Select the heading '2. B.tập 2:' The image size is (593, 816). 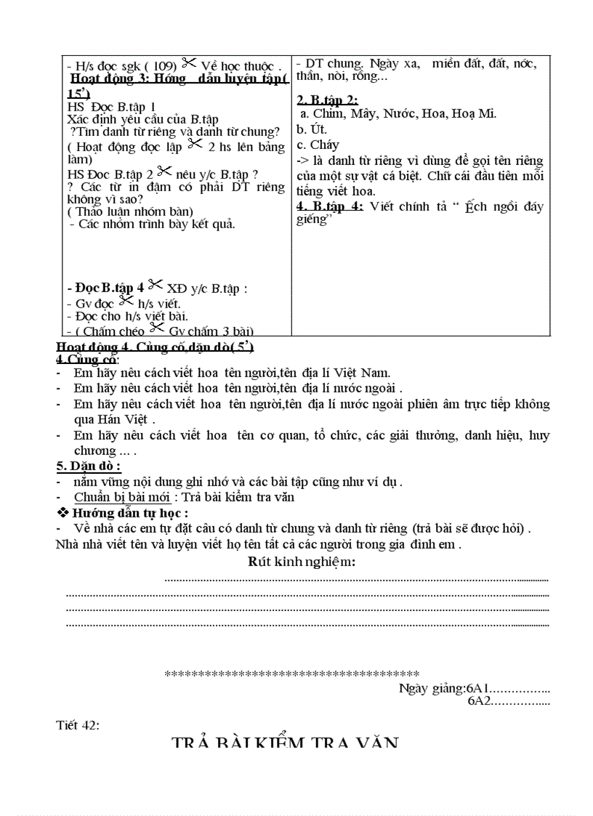click(x=327, y=100)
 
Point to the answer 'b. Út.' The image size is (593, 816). click(x=312, y=129)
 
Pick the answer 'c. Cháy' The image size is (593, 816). click(x=318, y=145)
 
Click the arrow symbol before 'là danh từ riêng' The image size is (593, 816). click(x=302, y=161)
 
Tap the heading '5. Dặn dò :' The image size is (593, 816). click(x=89, y=466)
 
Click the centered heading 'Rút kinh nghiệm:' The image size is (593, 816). click(x=302, y=561)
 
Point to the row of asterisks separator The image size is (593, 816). click(x=291, y=674)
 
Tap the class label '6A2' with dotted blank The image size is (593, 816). click(x=508, y=701)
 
